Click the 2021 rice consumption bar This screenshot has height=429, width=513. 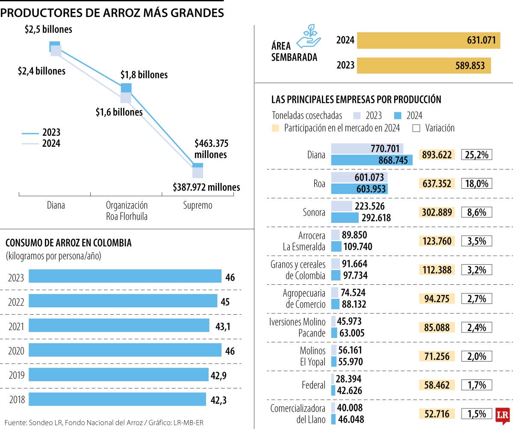tap(119, 326)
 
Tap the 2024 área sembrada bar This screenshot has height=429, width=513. tap(428, 41)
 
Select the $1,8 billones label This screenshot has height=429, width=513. tap(144, 75)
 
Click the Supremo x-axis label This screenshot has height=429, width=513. tap(198, 205)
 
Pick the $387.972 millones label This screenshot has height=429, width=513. tap(206, 187)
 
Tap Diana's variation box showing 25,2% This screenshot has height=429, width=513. tap(476, 155)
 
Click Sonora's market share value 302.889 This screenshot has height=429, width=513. tap(437, 212)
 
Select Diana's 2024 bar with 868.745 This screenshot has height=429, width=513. tap(371, 160)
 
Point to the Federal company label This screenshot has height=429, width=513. tap(313, 385)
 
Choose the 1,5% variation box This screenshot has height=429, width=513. tap(476, 414)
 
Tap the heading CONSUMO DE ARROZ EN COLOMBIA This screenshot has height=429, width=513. tap(68, 243)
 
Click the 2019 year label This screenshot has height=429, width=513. tap(16, 375)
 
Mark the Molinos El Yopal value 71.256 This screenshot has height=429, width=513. tap(437, 356)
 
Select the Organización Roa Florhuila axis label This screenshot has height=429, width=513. tap(127, 211)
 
